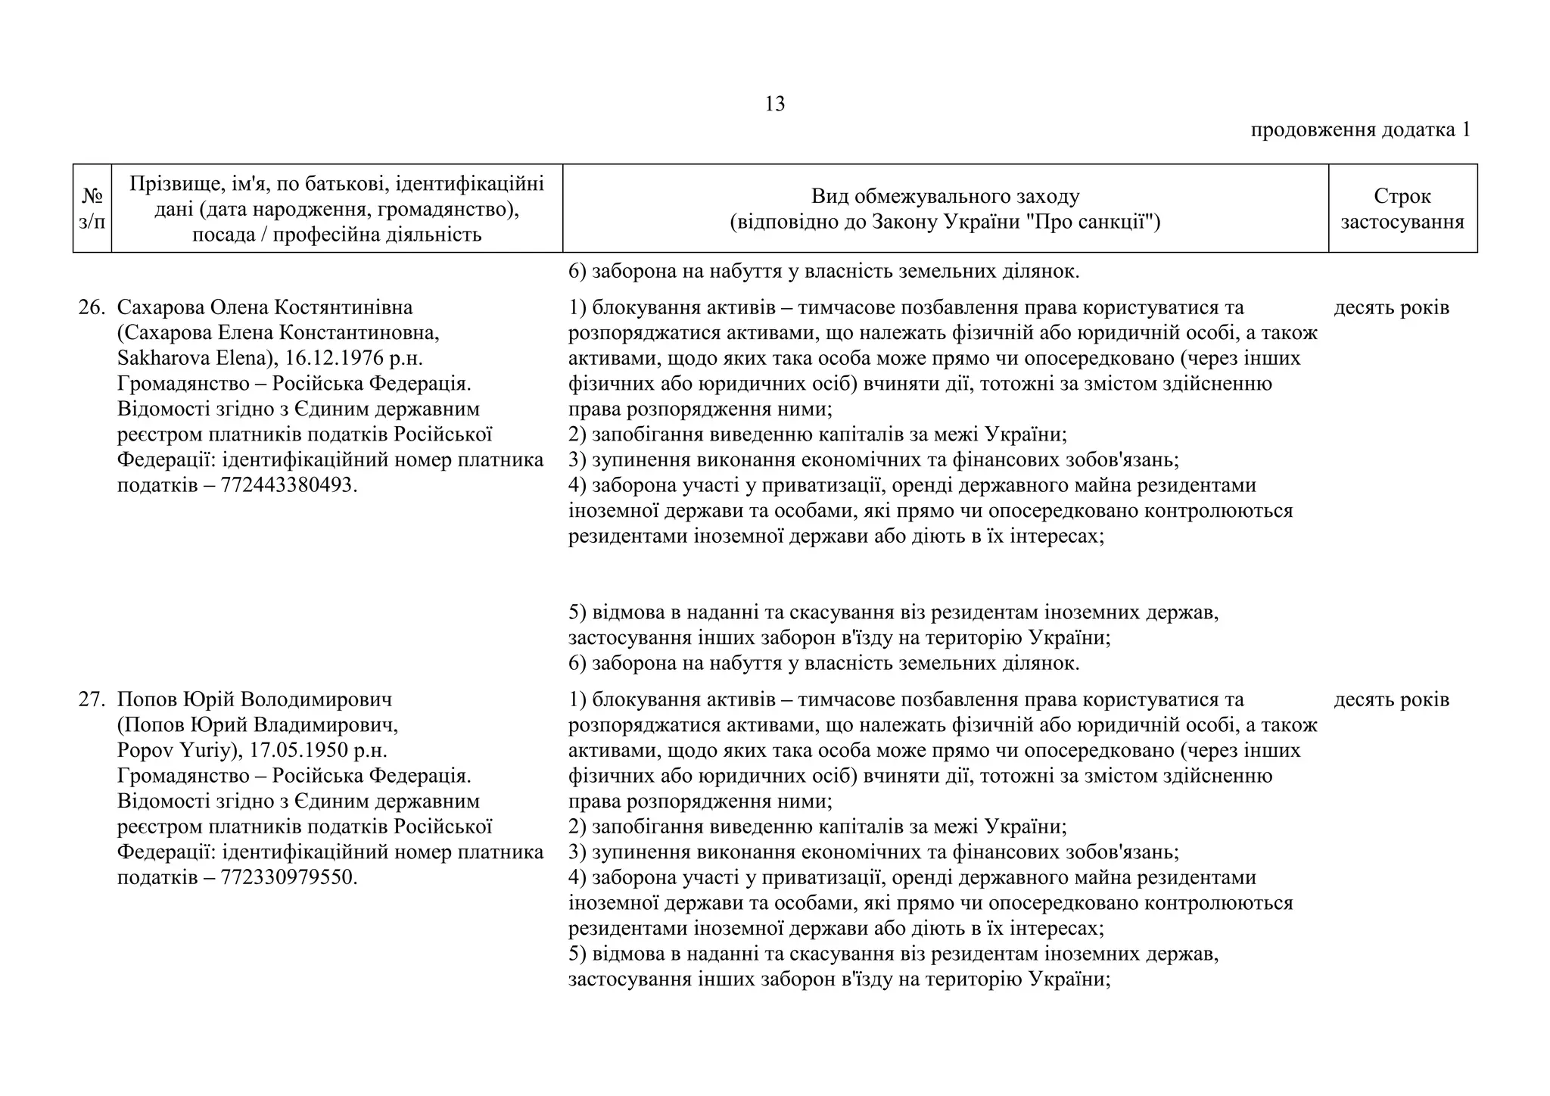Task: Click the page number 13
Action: tap(774, 104)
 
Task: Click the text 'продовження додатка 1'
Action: tap(1360, 129)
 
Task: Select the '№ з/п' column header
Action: tap(92, 208)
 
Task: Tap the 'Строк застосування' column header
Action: tap(1402, 208)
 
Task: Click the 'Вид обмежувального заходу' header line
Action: tap(945, 196)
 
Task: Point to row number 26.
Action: tap(91, 307)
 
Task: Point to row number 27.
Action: tap(91, 699)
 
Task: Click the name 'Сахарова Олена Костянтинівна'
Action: tap(265, 307)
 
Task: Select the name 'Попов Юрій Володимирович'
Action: tap(254, 699)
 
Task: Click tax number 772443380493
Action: tap(288, 485)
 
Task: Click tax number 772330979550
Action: tap(288, 877)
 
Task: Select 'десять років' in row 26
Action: tap(1391, 307)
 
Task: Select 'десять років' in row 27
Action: tap(1391, 699)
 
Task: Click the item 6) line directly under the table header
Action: tap(823, 271)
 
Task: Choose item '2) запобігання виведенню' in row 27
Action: tap(817, 827)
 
